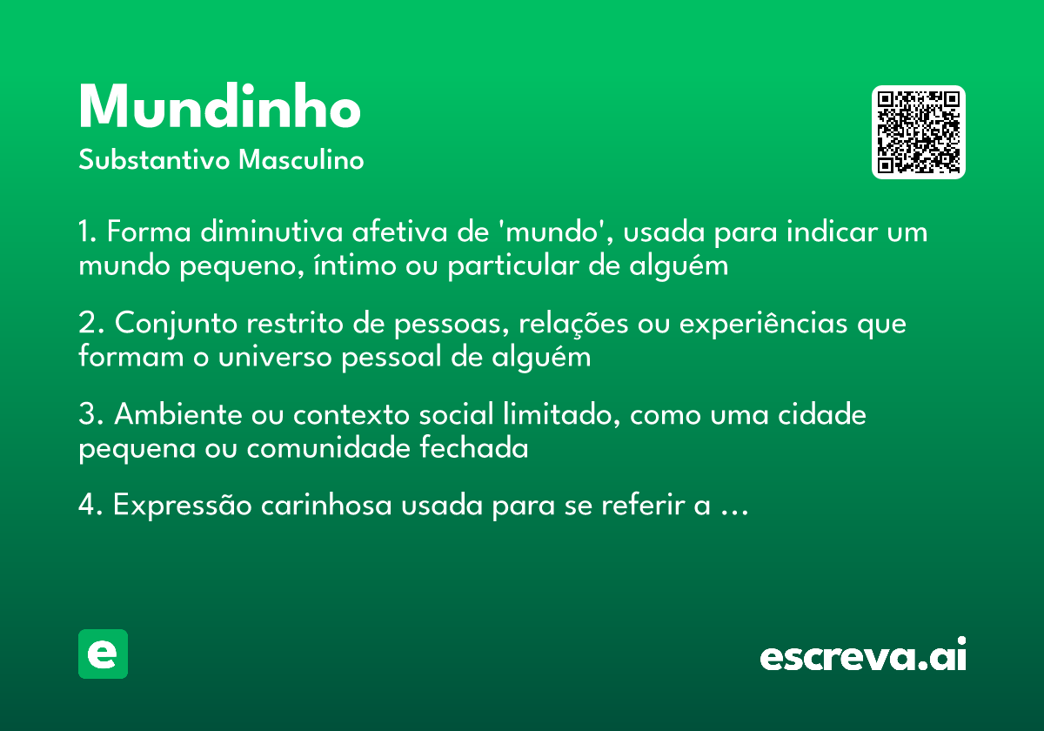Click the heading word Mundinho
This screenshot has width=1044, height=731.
point(219,108)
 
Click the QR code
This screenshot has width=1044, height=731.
point(918,132)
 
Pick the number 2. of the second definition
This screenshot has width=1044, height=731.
point(90,324)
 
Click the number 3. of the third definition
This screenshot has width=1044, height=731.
point(90,415)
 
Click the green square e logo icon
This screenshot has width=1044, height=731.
point(103,654)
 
